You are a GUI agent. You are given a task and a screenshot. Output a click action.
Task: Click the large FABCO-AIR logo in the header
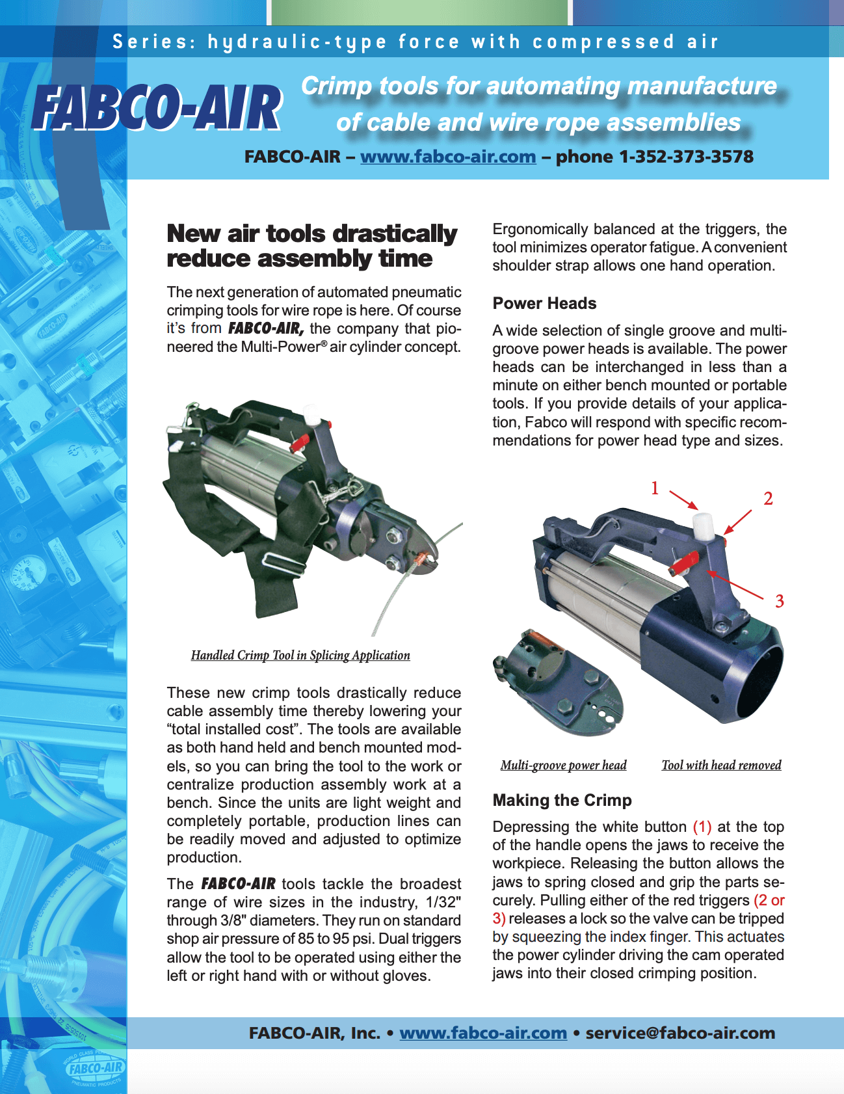coord(157,107)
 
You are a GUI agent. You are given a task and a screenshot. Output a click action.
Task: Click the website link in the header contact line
coord(448,157)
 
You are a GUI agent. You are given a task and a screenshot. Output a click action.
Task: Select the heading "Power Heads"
coord(544,303)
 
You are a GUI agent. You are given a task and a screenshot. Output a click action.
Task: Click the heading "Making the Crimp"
coord(562,800)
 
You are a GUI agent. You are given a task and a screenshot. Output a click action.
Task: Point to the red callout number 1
coord(655,488)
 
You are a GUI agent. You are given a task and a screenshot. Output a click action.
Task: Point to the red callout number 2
coord(768,499)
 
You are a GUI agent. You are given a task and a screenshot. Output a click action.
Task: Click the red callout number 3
coord(779,601)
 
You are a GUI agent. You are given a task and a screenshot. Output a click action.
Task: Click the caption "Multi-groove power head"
coord(563,765)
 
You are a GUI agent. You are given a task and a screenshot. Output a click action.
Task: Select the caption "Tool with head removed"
coord(721,765)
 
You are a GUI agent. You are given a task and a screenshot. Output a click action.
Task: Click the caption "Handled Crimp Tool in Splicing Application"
coord(300,655)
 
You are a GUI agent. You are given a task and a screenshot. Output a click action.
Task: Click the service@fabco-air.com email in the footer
coord(680,1033)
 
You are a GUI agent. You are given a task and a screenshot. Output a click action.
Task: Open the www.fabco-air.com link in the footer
coord(483,1033)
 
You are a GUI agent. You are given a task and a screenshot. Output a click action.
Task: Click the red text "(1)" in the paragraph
coord(702,827)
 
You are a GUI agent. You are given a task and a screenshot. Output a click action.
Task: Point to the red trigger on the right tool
coord(685,561)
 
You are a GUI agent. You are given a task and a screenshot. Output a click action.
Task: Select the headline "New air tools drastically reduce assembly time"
coord(312,246)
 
